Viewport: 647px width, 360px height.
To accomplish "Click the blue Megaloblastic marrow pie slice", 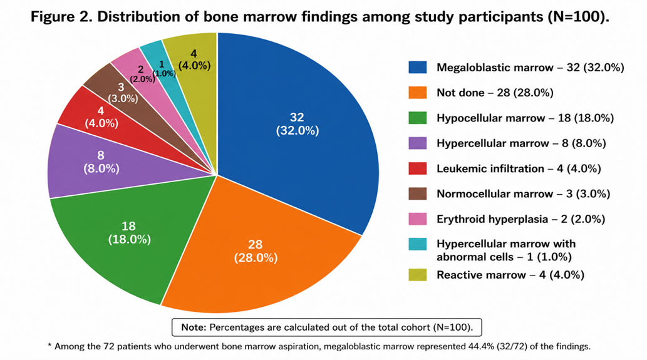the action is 297,124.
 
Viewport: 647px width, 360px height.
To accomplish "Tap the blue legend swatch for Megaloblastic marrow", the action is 418,67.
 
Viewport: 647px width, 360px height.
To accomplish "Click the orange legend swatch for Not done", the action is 418,93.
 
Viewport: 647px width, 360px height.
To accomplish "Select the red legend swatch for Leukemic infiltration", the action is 418,168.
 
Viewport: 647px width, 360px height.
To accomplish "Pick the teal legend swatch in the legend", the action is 418,244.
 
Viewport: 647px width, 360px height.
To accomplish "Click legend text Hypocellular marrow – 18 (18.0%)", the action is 525,118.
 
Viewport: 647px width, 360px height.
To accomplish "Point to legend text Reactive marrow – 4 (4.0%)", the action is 510,275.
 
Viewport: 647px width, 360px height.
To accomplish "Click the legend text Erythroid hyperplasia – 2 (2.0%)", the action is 520,219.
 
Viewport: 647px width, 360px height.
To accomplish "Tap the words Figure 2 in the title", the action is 61,17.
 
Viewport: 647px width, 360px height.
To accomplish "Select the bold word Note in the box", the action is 194,327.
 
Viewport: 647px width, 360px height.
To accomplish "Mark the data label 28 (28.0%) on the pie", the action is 256,251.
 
